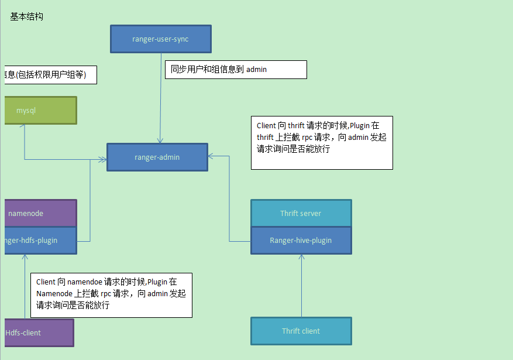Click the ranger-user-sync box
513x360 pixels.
pyautogui.click(x=160, y=39)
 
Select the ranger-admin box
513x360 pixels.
pyautogui.click(x=157, y=157)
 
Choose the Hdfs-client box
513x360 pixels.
pyautogui.click(x=39, y=332)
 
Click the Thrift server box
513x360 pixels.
pyautogui.click(x=301, y=213)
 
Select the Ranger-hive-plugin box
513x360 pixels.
pyautogui.click(x=301, y=241)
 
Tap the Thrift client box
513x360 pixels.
pyautogui.click(x=301, y=331)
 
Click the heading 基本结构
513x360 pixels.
pyautogui.click(x=26, y=16)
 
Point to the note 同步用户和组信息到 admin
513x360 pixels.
pyautogui.click(x=235, y=69)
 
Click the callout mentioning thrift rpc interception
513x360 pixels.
pyautogui.click(x=321, y=142)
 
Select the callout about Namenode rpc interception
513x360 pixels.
pyautogui.click(x=111, y=294)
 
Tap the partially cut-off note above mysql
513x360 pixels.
pyautogui.click(x=50, y=75)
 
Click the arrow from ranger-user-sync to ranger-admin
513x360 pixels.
pyautogui.click(x=160, y=100)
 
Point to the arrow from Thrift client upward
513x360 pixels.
pyautogui.click(x=301, y=287)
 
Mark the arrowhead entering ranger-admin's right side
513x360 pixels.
pyautogui.click(x=211, y=156)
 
